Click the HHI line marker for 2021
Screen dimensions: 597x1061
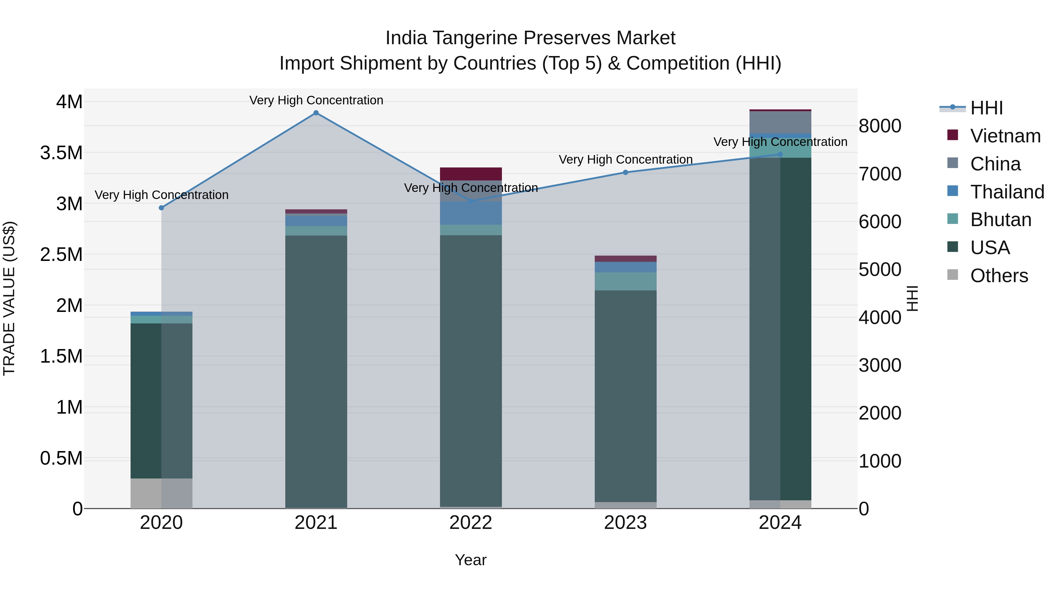coord(316,113)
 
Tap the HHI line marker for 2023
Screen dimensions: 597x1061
coord(625,172)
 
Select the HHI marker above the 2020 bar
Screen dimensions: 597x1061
coord(162,208)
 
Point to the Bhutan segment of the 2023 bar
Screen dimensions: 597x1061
coord(625,282)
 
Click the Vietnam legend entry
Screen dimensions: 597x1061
coord(1005,136)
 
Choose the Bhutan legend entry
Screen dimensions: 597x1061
coord(1001,220)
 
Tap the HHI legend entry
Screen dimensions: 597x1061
coord(986,108)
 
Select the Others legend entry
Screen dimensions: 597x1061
coord(999,276)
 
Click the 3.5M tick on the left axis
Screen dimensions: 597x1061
coord(61,153)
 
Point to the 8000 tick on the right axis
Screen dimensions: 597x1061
coord(880,126)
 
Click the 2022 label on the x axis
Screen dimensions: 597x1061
coord(471,523)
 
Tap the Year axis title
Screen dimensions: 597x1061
coord(471,560)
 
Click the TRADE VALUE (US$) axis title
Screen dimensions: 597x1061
coord(9,298)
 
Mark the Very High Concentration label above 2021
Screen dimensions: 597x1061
coord(316,100)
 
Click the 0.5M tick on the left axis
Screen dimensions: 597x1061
coord(61,458)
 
